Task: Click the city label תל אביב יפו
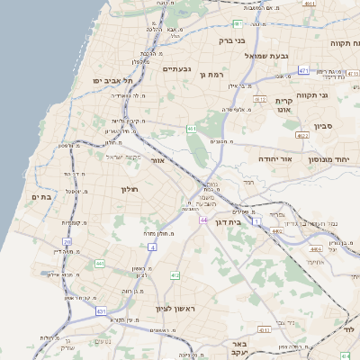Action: [112, 81]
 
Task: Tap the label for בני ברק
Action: [232, 40]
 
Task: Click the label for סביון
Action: [324, 127]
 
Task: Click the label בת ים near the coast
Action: [43, 195]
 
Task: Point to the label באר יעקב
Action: [238, 349]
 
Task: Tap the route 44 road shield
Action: [204, 220]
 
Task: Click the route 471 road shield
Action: [303, 69]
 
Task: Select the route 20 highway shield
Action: [67, 241]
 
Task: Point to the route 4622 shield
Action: [302, 136]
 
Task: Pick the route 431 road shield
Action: [99, 310]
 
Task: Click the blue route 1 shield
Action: [256, 220]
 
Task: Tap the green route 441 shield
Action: [99, 264]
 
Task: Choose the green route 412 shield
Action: [175, 275]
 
